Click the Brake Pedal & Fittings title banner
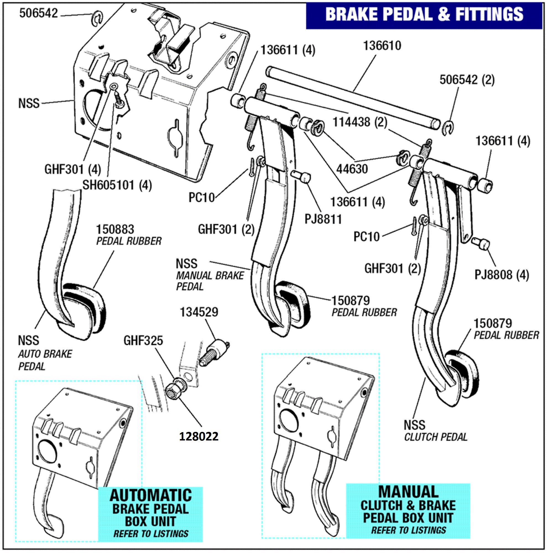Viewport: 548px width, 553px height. click(x=424, y=14)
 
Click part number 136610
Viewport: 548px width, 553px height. click(x=382, y=46)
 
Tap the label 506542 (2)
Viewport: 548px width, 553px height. click(x=467, y=80)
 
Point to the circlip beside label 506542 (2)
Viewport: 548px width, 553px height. click(x=448, y=127)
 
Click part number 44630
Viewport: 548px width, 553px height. click(x=352, y=169)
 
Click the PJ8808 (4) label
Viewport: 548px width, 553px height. click(x=502, y=275)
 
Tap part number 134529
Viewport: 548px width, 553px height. click(x=199, y=312)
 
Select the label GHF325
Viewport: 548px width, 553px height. click(x=143, y=341)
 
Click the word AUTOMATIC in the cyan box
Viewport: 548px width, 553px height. click(x=150, y=495)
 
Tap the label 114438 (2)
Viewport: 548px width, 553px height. click(x=359, y=122)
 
